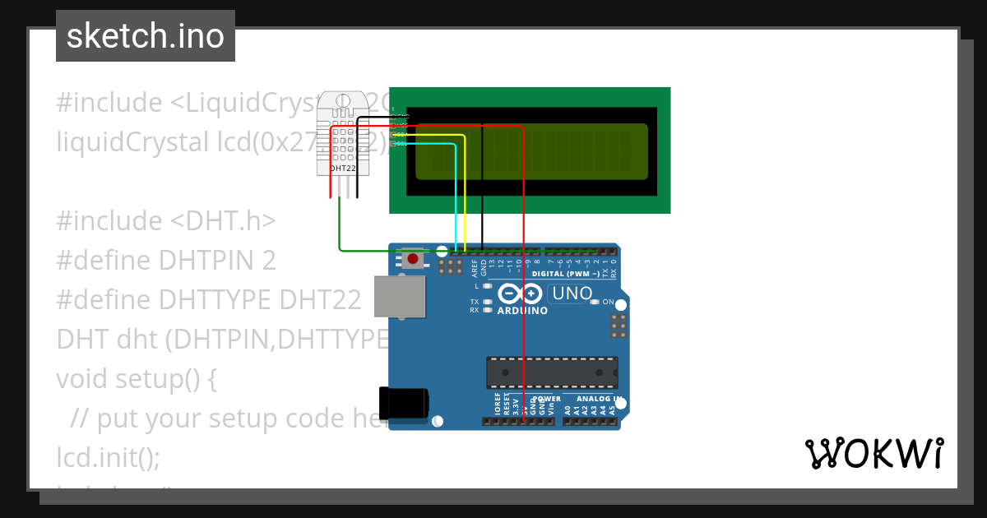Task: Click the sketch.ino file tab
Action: point(146,36)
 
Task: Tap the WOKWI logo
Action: point(873,453)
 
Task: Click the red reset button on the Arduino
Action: point(413,259)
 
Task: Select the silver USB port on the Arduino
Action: point(400,296)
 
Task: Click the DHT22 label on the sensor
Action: point(343,168)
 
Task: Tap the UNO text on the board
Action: point(572,294)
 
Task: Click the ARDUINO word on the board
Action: point(522,311)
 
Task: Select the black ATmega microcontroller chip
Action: point(552,372)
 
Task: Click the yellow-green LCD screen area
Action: point(531,151)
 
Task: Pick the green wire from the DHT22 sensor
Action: point(340,230)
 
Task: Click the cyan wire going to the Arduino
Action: point(456,197)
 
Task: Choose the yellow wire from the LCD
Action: point(466,197)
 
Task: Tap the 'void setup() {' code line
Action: point(137,379)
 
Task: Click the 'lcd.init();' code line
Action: point(109,456)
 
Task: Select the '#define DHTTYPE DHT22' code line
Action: point(209,299)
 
